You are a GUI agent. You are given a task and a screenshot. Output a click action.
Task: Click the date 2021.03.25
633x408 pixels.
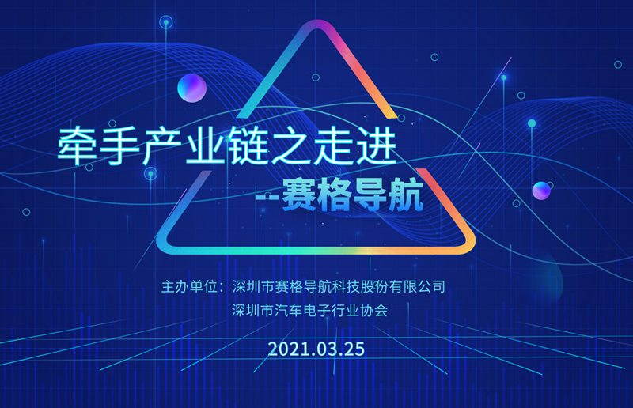316,349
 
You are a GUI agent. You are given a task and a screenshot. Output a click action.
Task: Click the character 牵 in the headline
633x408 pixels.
77,145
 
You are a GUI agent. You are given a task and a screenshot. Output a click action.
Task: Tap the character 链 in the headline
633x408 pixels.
248,145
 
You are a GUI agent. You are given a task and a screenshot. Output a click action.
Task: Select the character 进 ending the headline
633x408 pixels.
377,145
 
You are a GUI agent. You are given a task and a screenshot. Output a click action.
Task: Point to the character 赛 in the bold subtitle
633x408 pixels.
299,195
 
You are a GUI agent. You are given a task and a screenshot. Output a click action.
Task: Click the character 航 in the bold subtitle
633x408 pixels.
406,195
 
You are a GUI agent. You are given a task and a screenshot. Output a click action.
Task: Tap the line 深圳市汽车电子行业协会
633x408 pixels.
309,310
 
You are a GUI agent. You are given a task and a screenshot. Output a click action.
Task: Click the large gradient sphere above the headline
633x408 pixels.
191,88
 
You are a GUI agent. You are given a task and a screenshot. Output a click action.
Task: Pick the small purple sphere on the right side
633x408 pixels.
541,191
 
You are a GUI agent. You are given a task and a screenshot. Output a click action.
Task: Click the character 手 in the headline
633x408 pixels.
119,145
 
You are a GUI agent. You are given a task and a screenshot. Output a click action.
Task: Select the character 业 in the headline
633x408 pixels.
205,145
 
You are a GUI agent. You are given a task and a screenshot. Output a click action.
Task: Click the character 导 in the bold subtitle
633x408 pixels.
370,195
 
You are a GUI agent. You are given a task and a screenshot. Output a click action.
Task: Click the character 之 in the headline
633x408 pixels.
290,145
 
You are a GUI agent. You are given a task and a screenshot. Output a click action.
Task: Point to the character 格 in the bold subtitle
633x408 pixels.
334,195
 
